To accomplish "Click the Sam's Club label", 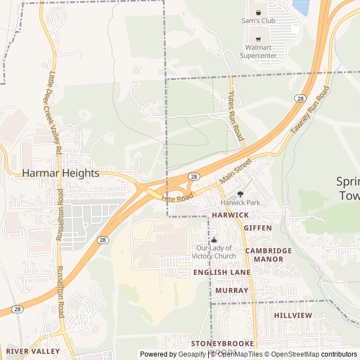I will (258, 21).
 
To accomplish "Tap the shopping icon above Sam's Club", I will (258, 11).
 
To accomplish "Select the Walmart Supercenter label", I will (258, 51).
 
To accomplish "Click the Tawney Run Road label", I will (309, 110).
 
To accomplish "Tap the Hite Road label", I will (177, 196).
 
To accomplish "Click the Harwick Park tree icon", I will (240, 194).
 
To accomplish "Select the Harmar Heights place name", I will (61, 173).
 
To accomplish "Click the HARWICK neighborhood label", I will (230, 215).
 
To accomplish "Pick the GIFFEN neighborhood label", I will (258, 228).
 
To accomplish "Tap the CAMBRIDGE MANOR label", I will (268, 255).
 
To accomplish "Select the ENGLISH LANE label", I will (222, 272).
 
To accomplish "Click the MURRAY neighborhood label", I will (232, 290).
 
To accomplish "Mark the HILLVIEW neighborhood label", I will (293, 316).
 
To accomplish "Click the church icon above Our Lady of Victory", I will (214, 240).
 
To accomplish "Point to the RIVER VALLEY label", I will (33, 351).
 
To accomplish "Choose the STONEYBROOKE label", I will (223, 343).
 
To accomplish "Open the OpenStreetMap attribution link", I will (292, 354).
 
